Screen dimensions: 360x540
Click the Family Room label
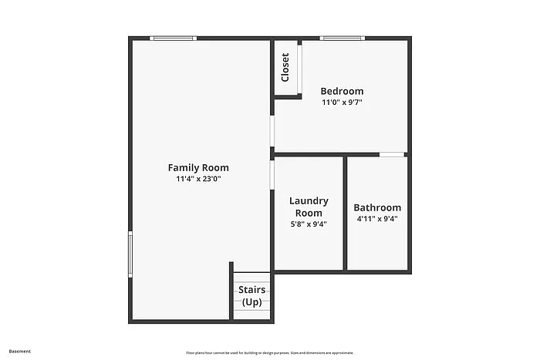point(198,167)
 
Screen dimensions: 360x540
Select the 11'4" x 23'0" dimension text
point(198,179)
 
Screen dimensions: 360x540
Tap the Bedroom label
point(342,91)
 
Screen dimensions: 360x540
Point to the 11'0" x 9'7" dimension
point(342,102)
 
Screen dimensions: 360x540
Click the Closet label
point(285,67)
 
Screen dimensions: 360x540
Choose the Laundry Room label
point(309,207)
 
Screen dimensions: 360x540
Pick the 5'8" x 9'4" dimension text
point(309,224)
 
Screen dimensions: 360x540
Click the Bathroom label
point(377,207)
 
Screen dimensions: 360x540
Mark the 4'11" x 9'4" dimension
point(377,218)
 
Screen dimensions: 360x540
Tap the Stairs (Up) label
point(251,296)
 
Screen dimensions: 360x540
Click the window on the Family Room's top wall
point(173,38)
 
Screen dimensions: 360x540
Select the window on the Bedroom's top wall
point(342,38)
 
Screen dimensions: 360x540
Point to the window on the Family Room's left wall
point(130,254)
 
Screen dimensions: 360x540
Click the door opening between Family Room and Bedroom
point(272,130)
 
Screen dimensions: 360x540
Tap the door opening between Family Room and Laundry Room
point(272,173)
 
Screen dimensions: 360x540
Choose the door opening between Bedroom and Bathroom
point(392,154)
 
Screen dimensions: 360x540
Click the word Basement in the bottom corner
point(20,352)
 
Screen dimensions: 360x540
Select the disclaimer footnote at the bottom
point(269,352)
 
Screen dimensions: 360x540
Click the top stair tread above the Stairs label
point(252,277)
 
